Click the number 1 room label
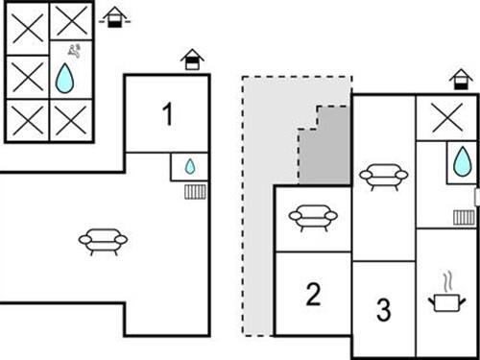(167, 116)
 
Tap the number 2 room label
(313, 294)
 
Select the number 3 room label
(383, 310)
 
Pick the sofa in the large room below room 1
(103, 240)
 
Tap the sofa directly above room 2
(313, 218)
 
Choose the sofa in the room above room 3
(383, 176)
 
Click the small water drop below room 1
(190, 166)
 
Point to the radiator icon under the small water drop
(195, 191)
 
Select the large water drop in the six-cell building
(64, 78)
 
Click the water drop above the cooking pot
(463, 160)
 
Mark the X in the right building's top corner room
(446, 118)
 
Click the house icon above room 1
(193, 60)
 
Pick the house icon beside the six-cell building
(115, 17)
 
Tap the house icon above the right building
(462, 80)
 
